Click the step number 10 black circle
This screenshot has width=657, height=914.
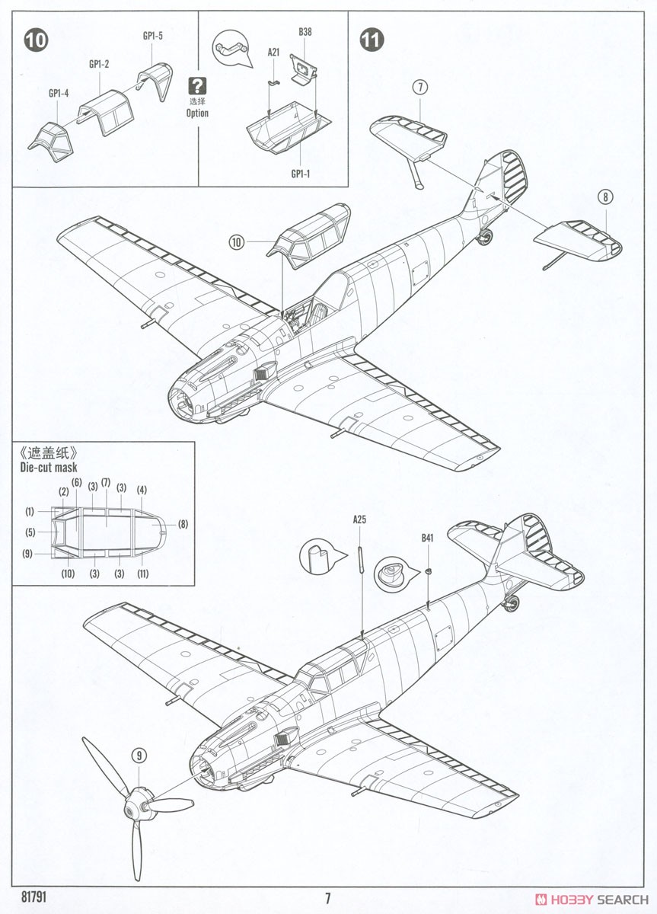[x=35, y=40]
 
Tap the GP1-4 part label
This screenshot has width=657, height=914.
[x=59, y=93]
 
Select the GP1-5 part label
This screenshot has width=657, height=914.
[x=152, y=35]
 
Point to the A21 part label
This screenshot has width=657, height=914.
[x=273, y=53]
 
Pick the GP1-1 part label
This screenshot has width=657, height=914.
[x=301, y=174]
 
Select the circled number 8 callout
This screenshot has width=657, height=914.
[x=605, y=198]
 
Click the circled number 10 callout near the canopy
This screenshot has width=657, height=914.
[x=236, y=242]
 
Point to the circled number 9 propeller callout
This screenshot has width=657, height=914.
[x=139, y=756]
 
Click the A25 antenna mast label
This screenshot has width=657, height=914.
[x=360, y=520]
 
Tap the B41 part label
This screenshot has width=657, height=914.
[x=428, y=538]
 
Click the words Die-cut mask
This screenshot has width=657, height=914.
[x=49, y=468]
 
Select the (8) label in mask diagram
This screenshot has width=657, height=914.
[x=182, y=524]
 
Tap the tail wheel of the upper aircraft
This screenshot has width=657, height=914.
[x=484, y=238]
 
